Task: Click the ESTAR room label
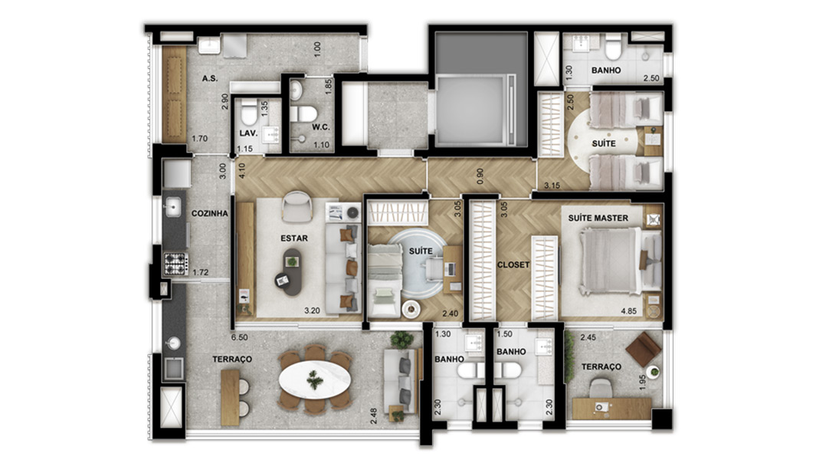tap(294, 238)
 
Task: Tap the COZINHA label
tap(209, 214)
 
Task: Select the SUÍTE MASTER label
tap(598, 219)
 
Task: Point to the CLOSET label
tap(514, 264)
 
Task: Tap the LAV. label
tap(247, 132)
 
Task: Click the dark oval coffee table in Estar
tap(291, 273)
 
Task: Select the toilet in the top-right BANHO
tap(612, 50)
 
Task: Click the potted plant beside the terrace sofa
tap(401, 340)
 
